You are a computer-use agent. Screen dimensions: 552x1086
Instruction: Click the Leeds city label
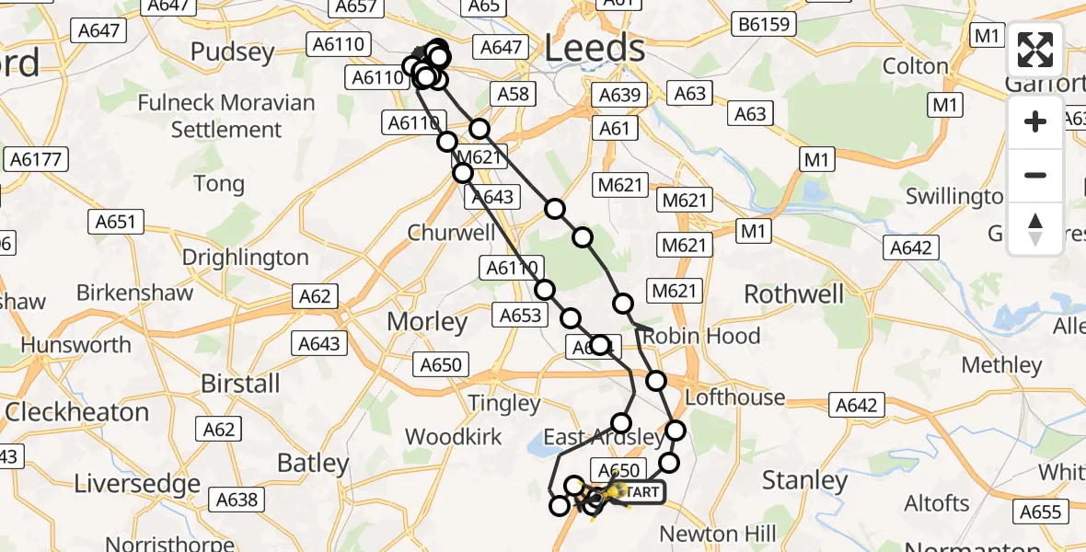[595, 48]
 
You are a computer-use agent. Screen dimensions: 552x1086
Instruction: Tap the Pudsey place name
[233, 52]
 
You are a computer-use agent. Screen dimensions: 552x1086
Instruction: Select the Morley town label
[428, 322]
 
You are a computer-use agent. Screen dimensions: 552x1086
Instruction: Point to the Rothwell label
[793, 294]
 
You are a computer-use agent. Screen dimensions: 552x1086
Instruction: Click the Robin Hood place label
[703, 336]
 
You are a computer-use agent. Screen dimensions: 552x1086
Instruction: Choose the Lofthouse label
[735, 397]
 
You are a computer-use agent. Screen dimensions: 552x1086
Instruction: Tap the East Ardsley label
[602, 436]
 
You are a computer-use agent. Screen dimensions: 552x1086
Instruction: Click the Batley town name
[313, 463]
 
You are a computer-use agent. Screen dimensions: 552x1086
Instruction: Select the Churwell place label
[452, 233]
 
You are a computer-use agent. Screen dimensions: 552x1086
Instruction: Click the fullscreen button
[1035, 50]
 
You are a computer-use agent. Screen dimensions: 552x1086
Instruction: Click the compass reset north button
[1035, 228]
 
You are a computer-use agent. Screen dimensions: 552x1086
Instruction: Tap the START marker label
[639, 493]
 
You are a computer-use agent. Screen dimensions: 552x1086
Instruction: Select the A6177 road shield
[38, 159]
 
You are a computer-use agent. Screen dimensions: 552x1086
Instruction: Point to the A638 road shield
[237, 500]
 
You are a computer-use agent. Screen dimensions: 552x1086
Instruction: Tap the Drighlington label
[245, 258]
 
